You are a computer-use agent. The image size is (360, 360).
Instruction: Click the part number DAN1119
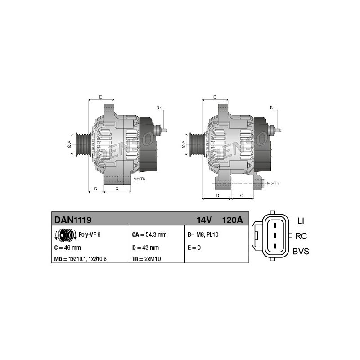point(73,220)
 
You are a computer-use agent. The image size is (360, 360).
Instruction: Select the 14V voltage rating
point(204,220)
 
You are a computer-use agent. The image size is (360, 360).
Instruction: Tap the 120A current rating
point(232,220)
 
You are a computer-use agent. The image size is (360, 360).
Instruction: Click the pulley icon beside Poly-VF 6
point(66,235)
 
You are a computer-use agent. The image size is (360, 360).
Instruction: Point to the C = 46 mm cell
point(67,248)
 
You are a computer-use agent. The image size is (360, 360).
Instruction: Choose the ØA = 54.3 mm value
point(149,234)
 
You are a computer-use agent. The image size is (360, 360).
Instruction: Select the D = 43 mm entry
point(145,248)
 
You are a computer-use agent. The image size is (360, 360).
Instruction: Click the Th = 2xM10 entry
point(147,259)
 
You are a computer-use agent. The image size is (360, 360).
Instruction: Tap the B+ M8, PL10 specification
point(203,234)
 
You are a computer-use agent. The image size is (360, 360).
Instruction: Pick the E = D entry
point(194,248)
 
